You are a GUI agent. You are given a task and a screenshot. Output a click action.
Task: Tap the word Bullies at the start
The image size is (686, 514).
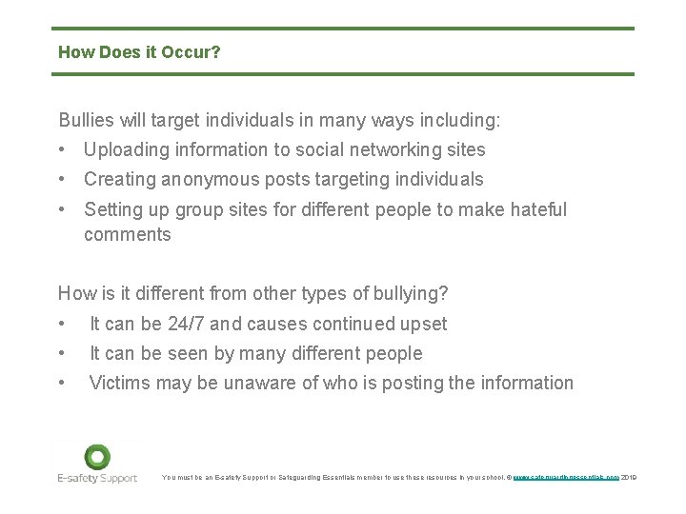click(85, 121)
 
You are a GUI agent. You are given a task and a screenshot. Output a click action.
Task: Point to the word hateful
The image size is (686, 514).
click(533, 209)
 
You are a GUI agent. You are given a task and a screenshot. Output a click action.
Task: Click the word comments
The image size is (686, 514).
click(128, 235)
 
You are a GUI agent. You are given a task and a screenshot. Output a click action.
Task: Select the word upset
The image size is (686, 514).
click(423, 325)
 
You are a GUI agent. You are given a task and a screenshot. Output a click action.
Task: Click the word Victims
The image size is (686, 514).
click(118, 384)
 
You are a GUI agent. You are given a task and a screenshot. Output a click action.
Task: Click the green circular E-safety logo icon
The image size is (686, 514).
click(97, 457)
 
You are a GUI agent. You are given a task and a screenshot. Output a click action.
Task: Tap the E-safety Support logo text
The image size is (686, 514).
click(97, 478)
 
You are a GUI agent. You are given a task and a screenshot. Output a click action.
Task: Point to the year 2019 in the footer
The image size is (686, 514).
click(628, 477)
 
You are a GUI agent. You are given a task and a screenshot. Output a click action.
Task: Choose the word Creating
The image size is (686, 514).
click(118, 180)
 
